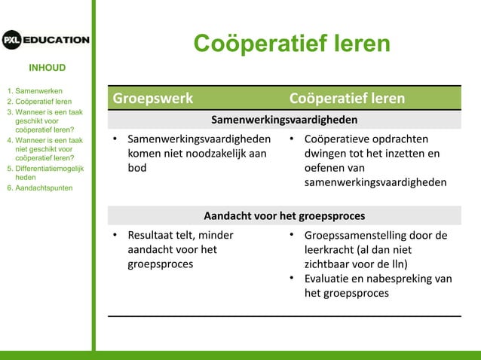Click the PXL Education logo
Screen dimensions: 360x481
(x=46, y=40)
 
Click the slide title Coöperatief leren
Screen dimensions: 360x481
(x=292, y=44)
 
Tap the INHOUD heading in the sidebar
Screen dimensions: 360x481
(x=47, y=68)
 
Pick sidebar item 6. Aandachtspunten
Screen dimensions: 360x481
(x=39, y=188)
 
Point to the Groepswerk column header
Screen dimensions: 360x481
(x=153, y=99)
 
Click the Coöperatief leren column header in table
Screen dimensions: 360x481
(x=347, y=99)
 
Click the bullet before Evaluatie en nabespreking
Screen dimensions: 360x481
(x=292, y=279)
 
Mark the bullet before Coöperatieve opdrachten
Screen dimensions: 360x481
(x=292, y=139)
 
